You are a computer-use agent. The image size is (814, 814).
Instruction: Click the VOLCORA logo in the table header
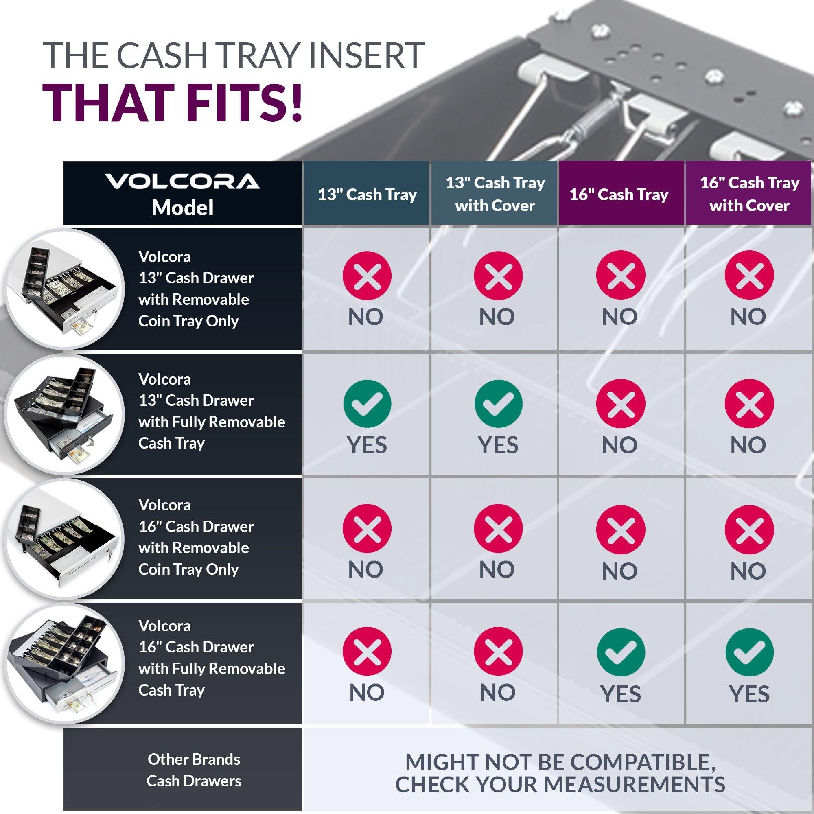pos(182,182)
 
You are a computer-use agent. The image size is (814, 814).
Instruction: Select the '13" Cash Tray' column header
pos(367,195)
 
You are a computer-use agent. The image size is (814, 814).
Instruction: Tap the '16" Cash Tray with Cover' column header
pos(750,194)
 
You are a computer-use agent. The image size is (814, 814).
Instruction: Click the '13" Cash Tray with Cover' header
pos(495,194)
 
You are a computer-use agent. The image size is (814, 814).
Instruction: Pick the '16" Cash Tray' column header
pos(619,195)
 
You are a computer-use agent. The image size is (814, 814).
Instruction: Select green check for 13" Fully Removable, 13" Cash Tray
pos(368,403)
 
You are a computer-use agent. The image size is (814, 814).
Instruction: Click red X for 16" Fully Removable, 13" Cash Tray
pos(368,652)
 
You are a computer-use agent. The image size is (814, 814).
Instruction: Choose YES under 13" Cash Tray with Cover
pos(498,445)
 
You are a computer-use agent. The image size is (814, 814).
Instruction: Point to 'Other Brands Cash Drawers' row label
pos(194,770)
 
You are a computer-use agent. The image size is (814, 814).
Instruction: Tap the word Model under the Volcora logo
pos(182,208)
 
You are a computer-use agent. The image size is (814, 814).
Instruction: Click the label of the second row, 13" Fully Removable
pos(212,411)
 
